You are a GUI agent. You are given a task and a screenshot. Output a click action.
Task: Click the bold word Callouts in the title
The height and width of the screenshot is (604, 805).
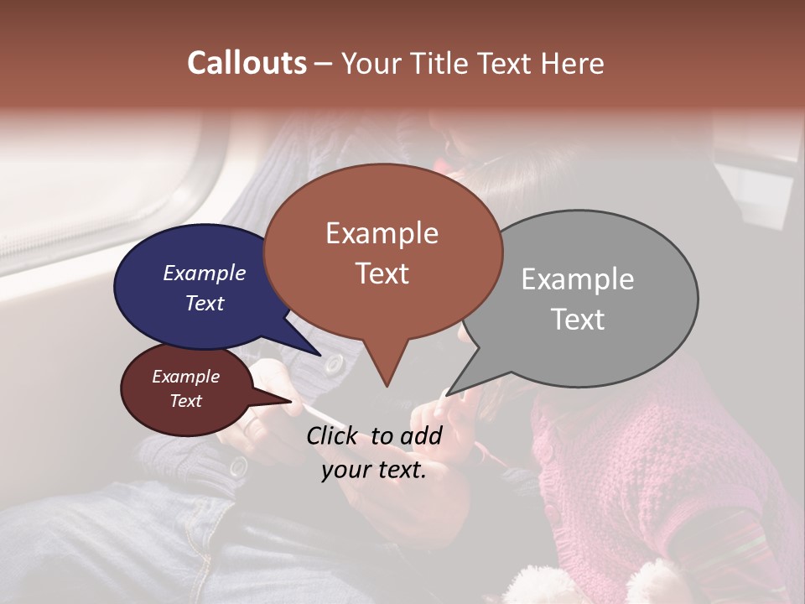(x=247, y=63)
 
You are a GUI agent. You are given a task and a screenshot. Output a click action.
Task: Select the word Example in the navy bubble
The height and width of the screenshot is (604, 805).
(x=204, y=273)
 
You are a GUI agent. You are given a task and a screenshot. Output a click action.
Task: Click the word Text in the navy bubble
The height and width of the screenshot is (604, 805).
(x=204, y=303)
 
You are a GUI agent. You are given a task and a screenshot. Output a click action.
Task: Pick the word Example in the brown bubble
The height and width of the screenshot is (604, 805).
(x=382, y=233)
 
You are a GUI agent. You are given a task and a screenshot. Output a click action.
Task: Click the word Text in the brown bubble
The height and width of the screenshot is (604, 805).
(x=382, y=273)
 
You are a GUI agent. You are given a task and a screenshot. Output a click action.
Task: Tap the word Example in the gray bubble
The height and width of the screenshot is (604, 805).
(x=577, y=279)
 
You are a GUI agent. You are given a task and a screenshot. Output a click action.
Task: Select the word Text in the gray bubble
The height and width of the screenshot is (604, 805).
(x=577, y=320)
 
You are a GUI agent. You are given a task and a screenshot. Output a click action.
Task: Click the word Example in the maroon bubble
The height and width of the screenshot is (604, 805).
(x=185, y=377)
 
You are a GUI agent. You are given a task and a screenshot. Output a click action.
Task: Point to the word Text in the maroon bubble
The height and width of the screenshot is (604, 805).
(x=185, y=401)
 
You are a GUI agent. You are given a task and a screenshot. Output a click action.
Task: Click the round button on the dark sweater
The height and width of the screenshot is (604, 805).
(x=335, y=364)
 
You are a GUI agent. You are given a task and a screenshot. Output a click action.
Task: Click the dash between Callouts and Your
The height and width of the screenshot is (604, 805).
(x=324, y=63)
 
